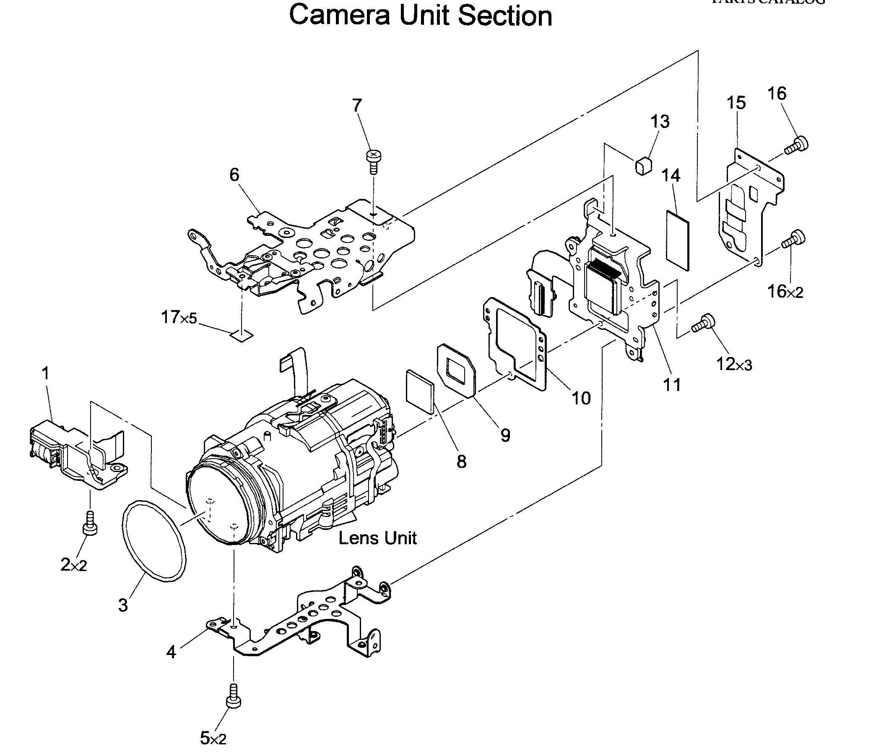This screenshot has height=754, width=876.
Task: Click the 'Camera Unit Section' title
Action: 420,16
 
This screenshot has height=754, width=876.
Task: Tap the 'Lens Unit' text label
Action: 377,538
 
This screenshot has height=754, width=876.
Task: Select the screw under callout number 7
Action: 372,161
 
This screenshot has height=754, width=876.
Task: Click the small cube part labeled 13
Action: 643,165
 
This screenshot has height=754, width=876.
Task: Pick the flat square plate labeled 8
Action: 420,391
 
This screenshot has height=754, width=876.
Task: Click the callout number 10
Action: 580,398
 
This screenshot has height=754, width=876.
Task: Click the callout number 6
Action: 234,175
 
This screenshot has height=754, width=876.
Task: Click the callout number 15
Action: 736,103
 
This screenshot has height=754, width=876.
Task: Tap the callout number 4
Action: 171,652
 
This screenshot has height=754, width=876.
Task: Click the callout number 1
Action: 46,373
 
